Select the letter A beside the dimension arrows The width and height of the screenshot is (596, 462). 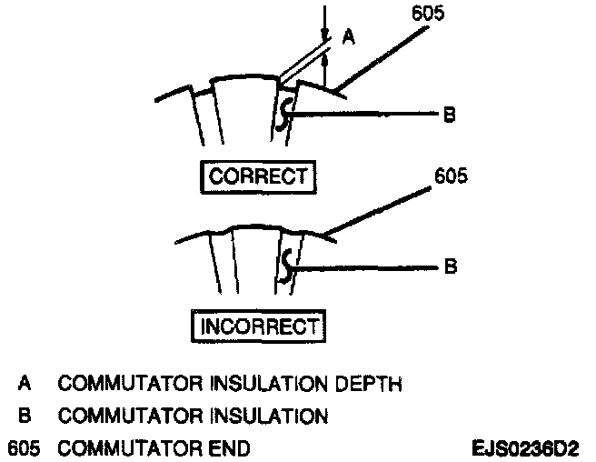[348, 37]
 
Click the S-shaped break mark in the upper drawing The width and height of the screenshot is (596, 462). [285, 114]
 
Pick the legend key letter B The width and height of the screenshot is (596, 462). [25, 417]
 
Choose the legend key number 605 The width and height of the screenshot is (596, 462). [25, 448]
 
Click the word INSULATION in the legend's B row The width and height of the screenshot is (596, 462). [270, 417]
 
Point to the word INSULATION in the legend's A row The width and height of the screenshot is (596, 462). [270, 385]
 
